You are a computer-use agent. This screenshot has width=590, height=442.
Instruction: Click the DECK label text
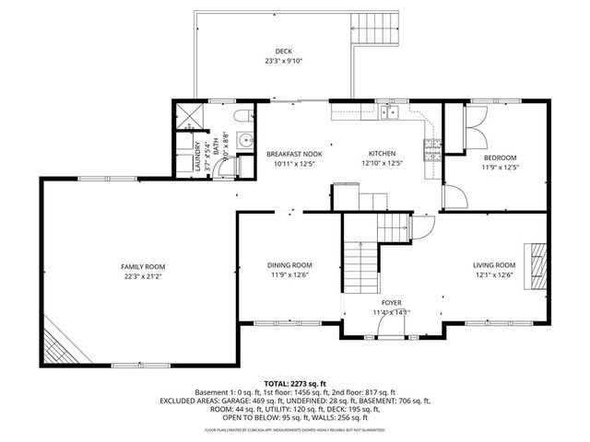284,52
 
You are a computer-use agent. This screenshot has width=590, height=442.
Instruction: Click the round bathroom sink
245,139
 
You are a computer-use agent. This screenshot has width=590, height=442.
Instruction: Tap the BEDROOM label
500,157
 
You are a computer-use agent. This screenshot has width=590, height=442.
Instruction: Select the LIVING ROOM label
494,265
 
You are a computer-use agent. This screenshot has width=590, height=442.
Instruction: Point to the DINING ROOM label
290,265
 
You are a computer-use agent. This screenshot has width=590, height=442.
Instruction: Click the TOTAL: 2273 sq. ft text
295,382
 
